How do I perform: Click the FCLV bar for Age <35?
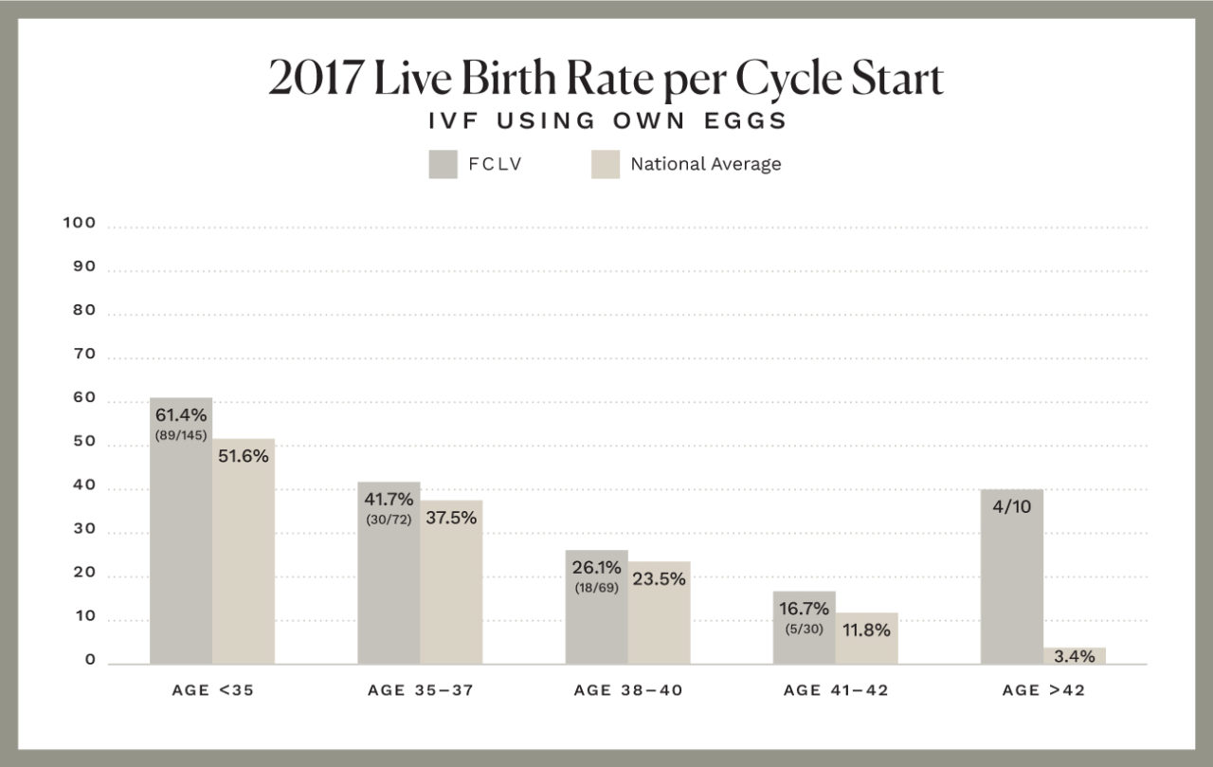(x=181, y=550)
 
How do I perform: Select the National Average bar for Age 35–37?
(x=451, y=597)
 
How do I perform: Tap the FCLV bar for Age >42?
(x=1011, y=588)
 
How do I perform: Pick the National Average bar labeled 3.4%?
(x=1075, y=656)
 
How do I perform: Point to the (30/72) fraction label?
(x=389, y=520)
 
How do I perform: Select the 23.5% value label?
(x=659, y=579)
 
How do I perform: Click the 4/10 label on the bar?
(x=1011, y=507)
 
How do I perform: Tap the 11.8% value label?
(x=866, y=630)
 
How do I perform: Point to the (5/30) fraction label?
(x=805, y=629)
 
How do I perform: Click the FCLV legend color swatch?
(x=444, y=164)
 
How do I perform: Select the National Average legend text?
(x=706, y=164)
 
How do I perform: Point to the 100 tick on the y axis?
(x=80, y=223)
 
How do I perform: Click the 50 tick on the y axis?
(x=84, y=442)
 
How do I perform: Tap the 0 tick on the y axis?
(x=90, y=660)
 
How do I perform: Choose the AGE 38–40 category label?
(x=627, y=690)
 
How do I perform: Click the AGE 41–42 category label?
(x=836, y=690)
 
